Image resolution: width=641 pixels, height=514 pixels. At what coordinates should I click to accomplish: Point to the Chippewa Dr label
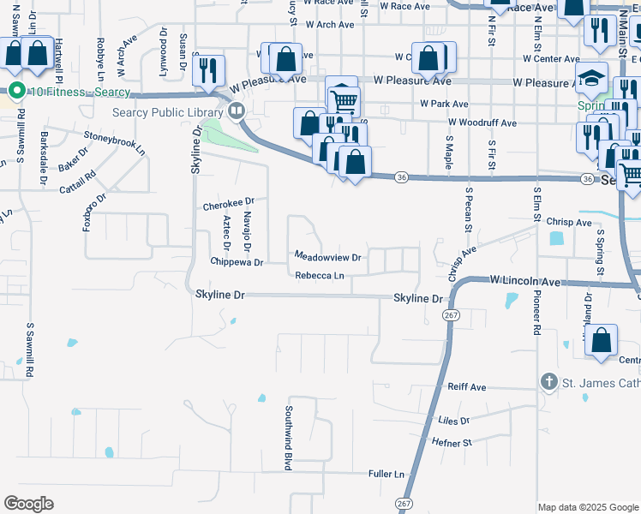pyautogui.click(x=237, y=261)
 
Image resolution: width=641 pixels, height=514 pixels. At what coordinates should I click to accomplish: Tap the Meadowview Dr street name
pyautogui.click(x=328, y=256)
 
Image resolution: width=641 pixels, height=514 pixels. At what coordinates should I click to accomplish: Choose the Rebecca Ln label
pyautogui.click(x=320, y=276)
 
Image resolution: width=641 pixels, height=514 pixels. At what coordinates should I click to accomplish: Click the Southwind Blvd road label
pyautogui.click(x=289, y=437)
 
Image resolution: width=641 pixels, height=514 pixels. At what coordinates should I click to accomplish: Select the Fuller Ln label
pyautogui.click(x=386, y=474)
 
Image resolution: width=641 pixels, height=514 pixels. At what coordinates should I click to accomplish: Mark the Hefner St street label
pyautogui.click(x=455, y=443)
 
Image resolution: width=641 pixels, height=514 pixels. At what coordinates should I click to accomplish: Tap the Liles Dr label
pyautogui.click(x=453, y=421)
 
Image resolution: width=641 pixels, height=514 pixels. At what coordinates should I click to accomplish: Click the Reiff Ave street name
pyautogui.click(x=467, y=387)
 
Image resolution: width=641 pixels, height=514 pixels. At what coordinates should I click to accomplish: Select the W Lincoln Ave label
pyautogui.click(x=524, y=280)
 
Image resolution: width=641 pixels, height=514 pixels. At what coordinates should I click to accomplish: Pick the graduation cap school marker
pyautogui.click(x=590, y=79)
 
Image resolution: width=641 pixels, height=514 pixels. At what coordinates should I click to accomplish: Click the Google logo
pyautogui.click(x=28, y=504)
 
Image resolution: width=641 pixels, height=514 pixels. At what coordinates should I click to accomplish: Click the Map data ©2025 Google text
pyautogui.click(x=587, y=507)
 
